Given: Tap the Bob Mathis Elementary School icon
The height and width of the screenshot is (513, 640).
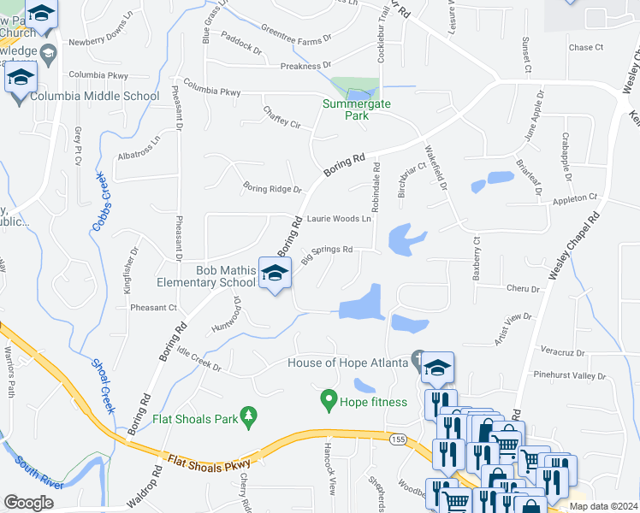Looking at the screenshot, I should click(x=276, y=274).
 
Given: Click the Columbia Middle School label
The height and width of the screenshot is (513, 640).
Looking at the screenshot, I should click(x=94, y=96).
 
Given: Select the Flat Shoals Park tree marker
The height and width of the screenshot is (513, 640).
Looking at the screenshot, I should click(x=249, y=416).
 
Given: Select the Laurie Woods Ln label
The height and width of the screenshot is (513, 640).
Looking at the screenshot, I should click(x=340, y=219).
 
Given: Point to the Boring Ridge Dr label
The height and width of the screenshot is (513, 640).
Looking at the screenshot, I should click(x=272, y=188).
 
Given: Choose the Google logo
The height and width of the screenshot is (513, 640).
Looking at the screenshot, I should click(x=28, y=503).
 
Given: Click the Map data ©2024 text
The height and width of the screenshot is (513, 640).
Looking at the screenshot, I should click(x=603, y=506).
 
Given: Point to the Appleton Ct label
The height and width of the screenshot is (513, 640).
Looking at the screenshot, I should click(x=575, y=198).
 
